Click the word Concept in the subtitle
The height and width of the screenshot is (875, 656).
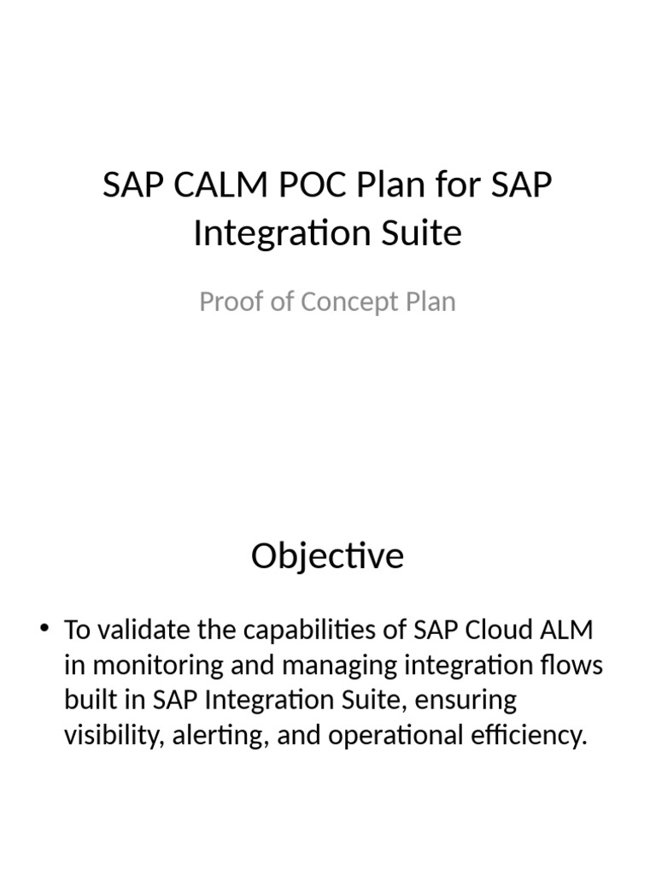click(x=350, y=302)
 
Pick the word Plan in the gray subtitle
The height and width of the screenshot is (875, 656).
click(x=430, y=302)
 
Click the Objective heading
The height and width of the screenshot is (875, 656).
click(x=327, y=556)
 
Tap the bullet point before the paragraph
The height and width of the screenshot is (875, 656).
click(x=45, y=631)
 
